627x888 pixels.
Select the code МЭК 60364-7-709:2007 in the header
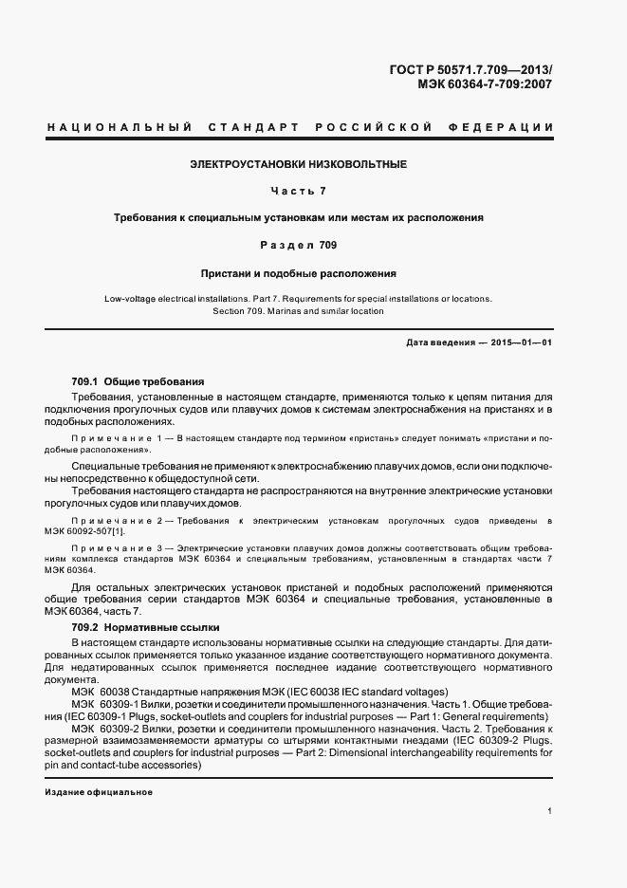pyautogui.click(x=485, y=83)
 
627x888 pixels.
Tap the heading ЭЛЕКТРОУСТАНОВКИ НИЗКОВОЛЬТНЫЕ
pyautogui.click(x=299, y=164)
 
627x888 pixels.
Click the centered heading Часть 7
pyautogui.click(x=299, y=191)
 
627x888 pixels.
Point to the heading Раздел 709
pyautogui.click(x=299, y=245)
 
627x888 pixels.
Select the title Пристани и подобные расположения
pyautogui.click(x=299, y=272)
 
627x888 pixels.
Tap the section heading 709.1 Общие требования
pyautogui.click(x=138, y=380)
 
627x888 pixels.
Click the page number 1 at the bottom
pyautogui.click(x=549, y=811)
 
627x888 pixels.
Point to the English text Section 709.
pyautogui.click(x=240, y=311)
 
